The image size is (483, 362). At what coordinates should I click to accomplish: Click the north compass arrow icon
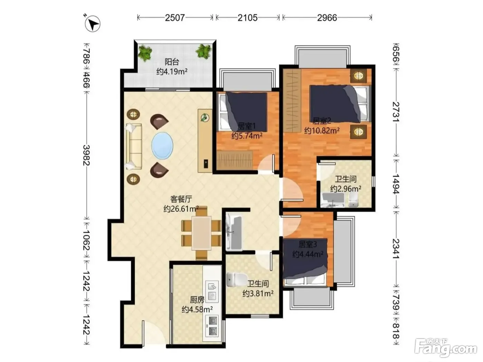click(92, 24)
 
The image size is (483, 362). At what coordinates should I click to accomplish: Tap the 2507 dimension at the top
click(175, 18)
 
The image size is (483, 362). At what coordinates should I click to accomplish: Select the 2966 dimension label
click(327, 18)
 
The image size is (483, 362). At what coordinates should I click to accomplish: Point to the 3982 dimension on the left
click(87, 155)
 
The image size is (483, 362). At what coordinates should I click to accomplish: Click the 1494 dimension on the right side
click(396, 184)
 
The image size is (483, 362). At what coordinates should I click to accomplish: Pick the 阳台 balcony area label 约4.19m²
click(172, 71)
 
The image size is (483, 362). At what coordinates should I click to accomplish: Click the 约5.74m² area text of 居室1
click(247, 136)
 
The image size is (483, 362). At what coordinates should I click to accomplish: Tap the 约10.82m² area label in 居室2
click(322, 131)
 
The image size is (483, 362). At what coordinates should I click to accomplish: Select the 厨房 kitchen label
click(197, 300)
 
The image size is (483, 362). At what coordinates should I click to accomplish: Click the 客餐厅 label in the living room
click(181, 199)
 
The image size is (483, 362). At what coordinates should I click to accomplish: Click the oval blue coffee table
click(162, 145)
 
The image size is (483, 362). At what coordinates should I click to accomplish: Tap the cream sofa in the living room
click(134, 147)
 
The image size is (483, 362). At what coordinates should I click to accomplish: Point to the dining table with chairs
click(201, 233)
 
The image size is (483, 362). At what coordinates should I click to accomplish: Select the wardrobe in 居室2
click(292, 100)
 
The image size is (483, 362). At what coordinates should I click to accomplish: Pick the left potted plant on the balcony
click(145, 53)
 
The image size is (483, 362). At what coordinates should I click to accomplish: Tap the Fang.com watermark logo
click(445, 350)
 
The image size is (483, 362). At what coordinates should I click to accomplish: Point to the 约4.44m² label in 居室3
click(308, 254)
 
